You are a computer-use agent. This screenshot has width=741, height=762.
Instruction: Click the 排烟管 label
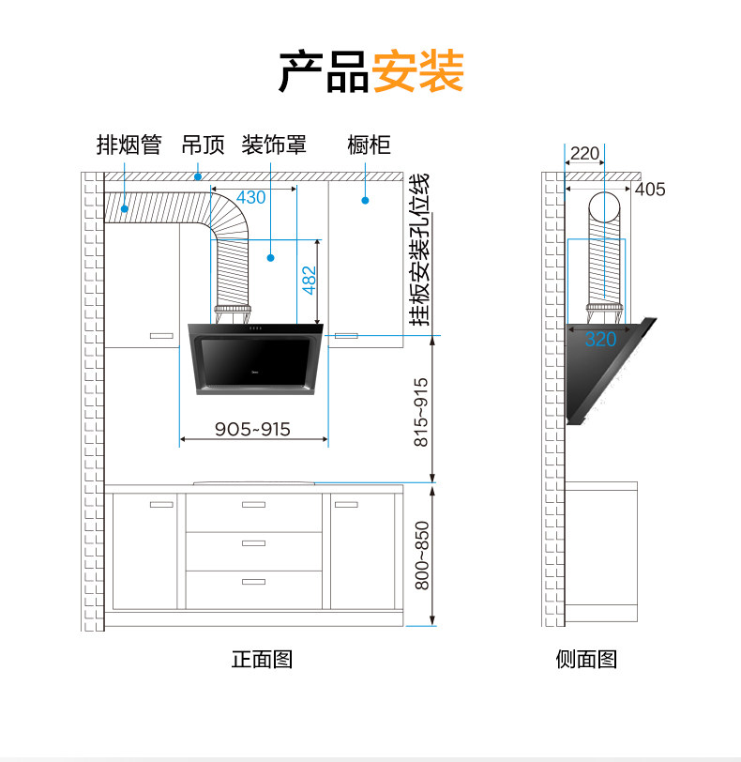pyautogui.click(x=129, y=145)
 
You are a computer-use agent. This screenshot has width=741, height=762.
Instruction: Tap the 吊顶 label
pyautogui.click(x=204, y=145)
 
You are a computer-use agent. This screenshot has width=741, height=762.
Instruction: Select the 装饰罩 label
pyautogui.click(x=274, y=145)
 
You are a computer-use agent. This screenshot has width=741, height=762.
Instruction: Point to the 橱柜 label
pyautogui.click(x=369, y=145)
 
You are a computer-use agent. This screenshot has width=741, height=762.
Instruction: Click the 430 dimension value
pyautogui.click(x=250, y=198)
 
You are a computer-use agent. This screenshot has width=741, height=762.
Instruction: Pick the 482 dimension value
pyautogui.click(x=310, y=281)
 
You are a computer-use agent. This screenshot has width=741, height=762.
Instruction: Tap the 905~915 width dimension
pyautogui.click(x=252, y=429)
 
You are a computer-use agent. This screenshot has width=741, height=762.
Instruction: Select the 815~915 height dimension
pyautogui.click(x=421, y=410)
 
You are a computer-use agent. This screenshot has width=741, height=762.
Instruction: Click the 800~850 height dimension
pyautogui.click(x=421, y=556)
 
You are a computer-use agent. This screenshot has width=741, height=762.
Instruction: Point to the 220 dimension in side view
pyautogui.click(x=584, y=154)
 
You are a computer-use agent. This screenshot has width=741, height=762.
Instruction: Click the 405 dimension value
pyautogui.click(x=650, y=190)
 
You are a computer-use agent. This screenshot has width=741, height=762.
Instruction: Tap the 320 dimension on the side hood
pyautogui.click(x=601, y=340)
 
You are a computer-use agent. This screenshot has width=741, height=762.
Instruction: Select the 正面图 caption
pyautogui.click(x=263, y=659)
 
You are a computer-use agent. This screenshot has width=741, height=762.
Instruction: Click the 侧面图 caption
pyautogui.click(x=586, y=659)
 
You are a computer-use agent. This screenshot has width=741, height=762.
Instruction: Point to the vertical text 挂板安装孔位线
pyautogui.click(x=419, y=249)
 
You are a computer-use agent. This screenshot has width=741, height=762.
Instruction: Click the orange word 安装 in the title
pyautogui.click(x=417, y=71)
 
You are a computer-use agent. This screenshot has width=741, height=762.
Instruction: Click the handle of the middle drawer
pyautogui.click(x=253, y=542)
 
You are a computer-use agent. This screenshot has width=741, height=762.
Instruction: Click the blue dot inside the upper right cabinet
pyautogui.click(x=366, y=200)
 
